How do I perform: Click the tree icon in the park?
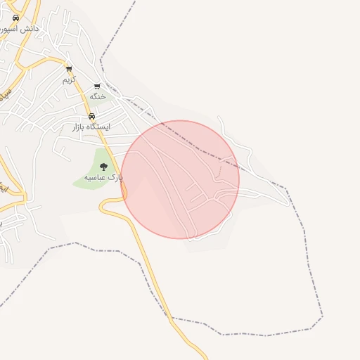coord(104,167)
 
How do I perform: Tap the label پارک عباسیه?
coord(103,178)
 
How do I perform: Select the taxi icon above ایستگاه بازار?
coord(91,117)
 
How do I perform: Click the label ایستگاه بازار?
coord(92,127)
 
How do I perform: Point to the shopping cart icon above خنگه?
coord(97,86)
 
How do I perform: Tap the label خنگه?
coord(97,96)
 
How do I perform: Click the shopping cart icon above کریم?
coord(69,69)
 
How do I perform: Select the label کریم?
coord(69,79)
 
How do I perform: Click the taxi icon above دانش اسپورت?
coord(15,18)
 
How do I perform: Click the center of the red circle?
coord(180,179)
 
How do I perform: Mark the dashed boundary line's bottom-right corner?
coord(322,316)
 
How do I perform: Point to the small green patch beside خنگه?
coord(105,98)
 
